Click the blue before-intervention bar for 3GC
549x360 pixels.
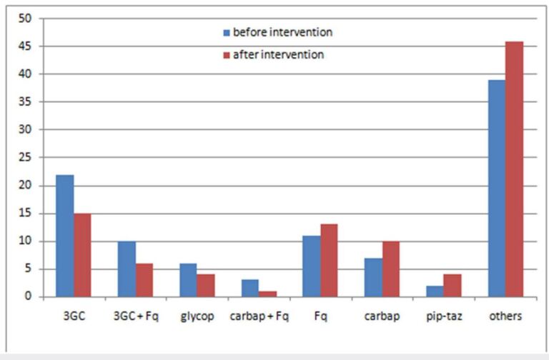point(65,236)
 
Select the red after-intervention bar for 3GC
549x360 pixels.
point(82,255)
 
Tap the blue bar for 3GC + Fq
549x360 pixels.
point(127,269)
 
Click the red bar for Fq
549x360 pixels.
point(329,261)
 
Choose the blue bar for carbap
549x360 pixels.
point(373,277)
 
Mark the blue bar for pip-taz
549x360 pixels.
point(435,291)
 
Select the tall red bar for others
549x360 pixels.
point(514,169)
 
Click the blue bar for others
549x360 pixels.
point(497,189)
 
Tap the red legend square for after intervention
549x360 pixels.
point(227,55)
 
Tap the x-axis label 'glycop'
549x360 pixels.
point(197,314)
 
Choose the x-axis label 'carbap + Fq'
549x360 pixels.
point(258,314)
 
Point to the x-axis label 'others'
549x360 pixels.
point(505,314)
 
